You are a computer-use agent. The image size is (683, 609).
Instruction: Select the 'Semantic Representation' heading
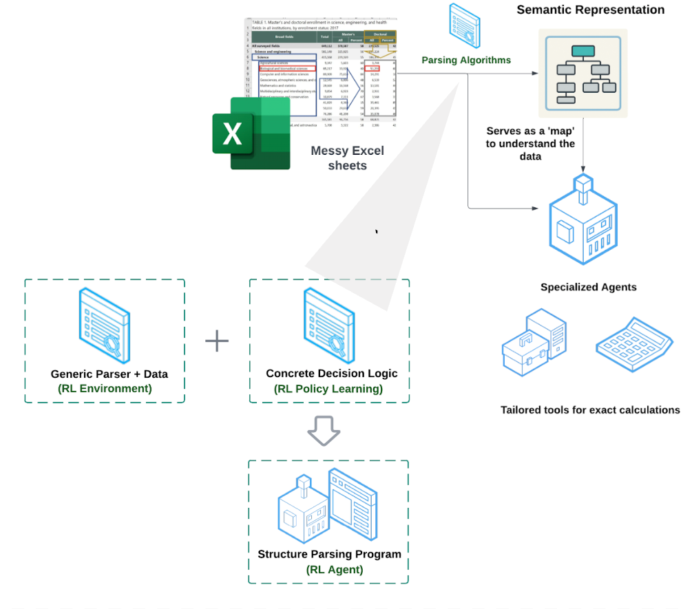[590, 10]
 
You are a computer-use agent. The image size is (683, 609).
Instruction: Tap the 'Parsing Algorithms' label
[466, 60]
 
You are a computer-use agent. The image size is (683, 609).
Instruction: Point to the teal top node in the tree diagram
[584, 51]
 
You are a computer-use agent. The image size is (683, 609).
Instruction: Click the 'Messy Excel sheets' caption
[347, 158]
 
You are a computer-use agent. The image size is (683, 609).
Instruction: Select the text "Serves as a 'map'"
[530, 131]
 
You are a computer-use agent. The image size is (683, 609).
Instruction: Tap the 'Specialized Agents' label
[588, 287]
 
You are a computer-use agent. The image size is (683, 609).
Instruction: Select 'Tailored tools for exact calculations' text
[590, 410]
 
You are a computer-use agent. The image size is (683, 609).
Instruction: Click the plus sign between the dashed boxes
[217, 341]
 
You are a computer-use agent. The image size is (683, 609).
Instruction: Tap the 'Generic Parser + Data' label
[109, 374]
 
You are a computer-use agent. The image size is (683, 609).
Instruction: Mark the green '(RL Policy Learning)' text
[328, 389]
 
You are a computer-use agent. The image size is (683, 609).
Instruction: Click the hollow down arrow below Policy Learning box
[324, 430]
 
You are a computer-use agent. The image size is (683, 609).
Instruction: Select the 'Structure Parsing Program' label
[329, 554]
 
